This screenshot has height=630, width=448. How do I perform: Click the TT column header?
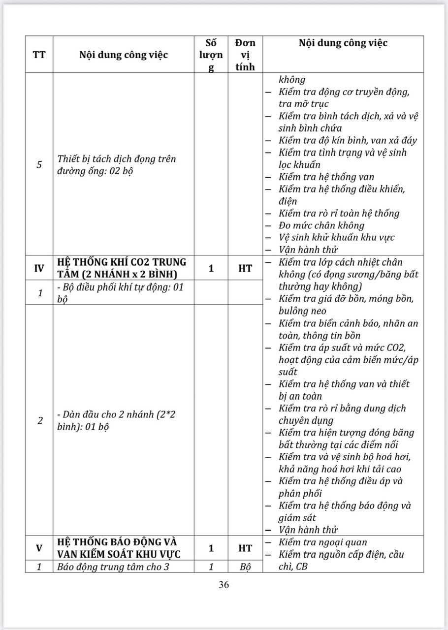coord(39,55)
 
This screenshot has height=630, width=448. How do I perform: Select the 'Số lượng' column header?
coord(211,55)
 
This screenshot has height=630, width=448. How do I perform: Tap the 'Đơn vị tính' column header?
coord(245,55)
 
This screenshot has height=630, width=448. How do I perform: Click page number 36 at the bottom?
coord(224,585)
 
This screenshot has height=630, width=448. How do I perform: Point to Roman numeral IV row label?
coord(39,268)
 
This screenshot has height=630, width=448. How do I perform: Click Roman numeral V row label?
coord(39,548)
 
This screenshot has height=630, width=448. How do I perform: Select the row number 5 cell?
coord(39,165)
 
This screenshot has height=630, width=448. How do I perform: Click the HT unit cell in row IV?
coord(245,268)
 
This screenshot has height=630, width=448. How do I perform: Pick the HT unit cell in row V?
coord(245,548)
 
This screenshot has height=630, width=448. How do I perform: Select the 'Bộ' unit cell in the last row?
coord(245,567)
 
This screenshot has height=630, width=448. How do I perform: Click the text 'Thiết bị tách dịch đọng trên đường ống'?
coord(117,165)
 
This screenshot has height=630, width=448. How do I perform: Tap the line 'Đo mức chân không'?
coord(321,225)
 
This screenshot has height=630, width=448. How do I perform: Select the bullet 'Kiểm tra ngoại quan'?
coord(322,542)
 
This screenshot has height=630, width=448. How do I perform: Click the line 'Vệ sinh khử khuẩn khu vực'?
coord(336,238)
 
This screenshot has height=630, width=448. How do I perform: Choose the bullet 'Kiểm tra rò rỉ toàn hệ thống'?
coord(339,213)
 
